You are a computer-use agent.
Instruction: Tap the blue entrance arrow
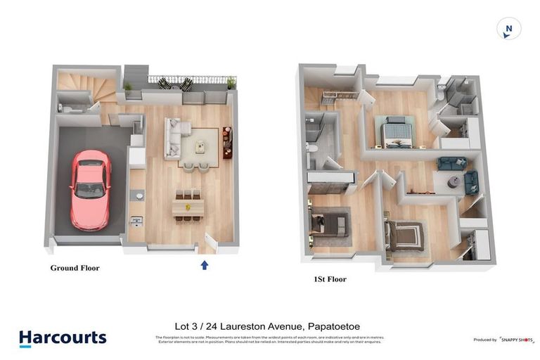pyautogui.click(x=205, y=265)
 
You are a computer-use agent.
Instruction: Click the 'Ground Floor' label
pyautogui.click(x=75, y=268)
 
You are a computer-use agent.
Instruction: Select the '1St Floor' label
pyautogui.click(x=329, y=279)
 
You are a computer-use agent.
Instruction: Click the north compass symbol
pyautogui.click(x=508, y=29)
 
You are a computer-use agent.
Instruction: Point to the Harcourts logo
pyautogui.click(x=63, y=338)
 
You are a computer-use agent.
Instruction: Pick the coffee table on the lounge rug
pyautogui.click(x=200, y=147)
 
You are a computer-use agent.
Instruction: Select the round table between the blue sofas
pyautogui.click(x=454, y=181)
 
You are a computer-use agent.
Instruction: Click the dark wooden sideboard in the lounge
pyautogui.click(x=227, y=142)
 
